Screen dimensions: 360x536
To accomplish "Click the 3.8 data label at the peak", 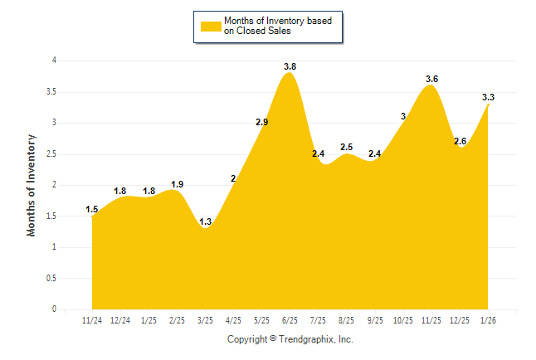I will click(290, 66).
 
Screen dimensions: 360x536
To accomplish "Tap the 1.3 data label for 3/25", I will click(205, 221).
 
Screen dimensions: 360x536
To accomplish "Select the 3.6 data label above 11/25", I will click(431, 79).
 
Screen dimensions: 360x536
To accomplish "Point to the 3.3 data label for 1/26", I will click(488, 98).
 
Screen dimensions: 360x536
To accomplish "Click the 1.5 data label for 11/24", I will click(92, 210).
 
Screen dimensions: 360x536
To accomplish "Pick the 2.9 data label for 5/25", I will click(261, 122).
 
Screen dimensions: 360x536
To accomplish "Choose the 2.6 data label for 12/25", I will click(460, 141).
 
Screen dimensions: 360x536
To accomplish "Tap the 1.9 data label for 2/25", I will click(177, 184).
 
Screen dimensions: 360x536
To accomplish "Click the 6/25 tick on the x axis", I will click(290, 320).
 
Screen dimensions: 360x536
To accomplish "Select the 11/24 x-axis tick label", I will click(92, 320).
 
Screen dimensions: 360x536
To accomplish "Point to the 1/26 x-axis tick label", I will click(488, 320).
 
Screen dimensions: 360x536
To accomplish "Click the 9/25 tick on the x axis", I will click(375, 320).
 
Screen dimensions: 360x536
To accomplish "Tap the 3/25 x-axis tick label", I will click(205, 320).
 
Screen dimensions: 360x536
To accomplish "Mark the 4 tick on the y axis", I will click(54, 61).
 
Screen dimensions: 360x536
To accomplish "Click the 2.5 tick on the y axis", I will click(51, 153).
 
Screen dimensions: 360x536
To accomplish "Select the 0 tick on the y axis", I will click(54, 309).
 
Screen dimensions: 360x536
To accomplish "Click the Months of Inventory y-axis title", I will click(32, 185).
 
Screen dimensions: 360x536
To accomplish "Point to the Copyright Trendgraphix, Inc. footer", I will click(290, 339).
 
